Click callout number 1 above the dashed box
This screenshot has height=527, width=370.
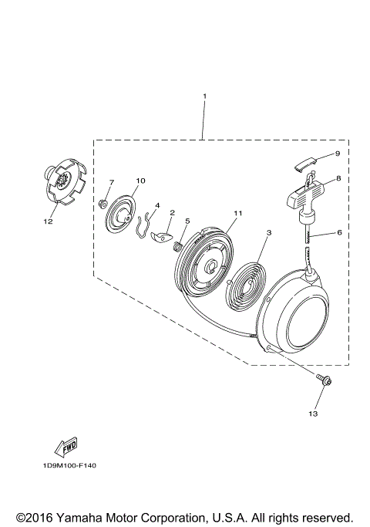click(204, 96)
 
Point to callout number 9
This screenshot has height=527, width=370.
click(337, 154)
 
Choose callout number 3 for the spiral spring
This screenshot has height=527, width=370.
click(269, 231)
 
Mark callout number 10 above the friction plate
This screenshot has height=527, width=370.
click(140, 181)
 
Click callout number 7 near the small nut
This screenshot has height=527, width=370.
click(111, 182)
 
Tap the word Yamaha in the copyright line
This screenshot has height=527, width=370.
click(76, 515)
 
